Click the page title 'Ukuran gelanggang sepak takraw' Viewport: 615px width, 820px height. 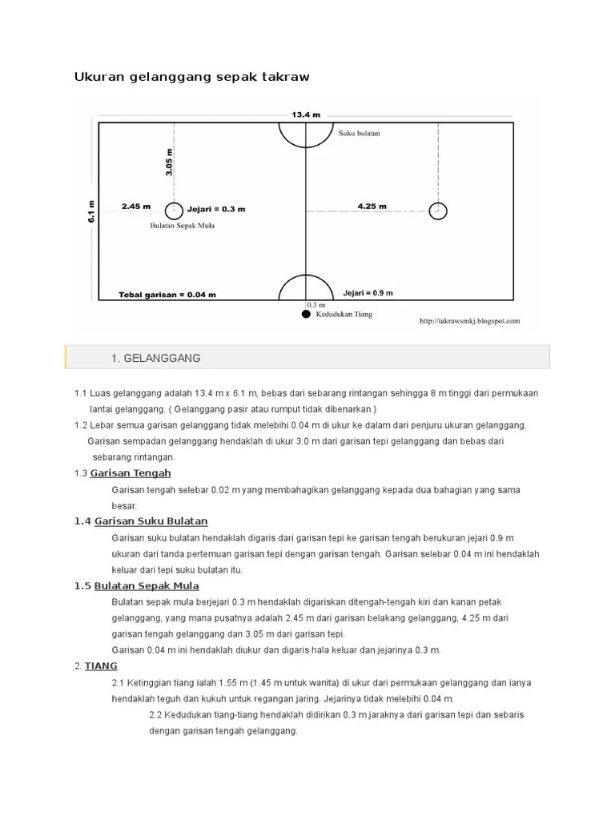(x=191, y=77)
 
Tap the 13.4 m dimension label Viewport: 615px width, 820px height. (x=305, y=115)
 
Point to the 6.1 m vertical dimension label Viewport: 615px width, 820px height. (x=92, y=211)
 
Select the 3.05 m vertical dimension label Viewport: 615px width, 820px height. (x=169, y=162)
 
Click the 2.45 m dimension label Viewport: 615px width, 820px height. (x=136, y=206)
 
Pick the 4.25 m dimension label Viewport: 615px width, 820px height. (x=372, y=206)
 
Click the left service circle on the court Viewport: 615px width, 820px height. (x=174, y=211)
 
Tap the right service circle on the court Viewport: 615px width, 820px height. (x=437, y=211)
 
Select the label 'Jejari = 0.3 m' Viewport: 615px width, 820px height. (x=216, y=210)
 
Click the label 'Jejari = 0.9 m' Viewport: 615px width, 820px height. (x=368, y=292)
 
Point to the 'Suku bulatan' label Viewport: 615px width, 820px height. (x=359, y=134)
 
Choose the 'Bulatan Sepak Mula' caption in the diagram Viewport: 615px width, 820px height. (x=183, y=226)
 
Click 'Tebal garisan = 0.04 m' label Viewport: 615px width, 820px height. (x=167, y=295)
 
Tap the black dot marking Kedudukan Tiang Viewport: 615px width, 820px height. (x=305, y=315)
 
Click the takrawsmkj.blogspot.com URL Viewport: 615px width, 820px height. (x=470, y=321)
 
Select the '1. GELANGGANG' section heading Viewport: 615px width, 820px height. (x=156, y=357)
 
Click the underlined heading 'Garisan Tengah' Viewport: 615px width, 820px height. (x=133, y=473)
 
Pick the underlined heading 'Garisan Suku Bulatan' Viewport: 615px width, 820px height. (x=151, y=521)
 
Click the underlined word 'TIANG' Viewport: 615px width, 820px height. (x=101, y=665)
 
